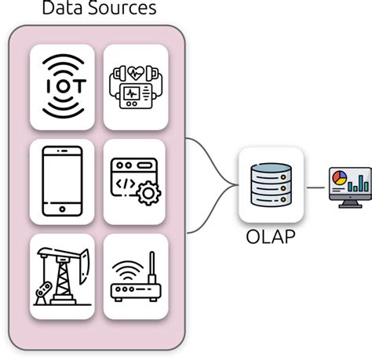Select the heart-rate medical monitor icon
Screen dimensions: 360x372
[136, 87]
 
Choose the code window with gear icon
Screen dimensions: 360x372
[136, 181]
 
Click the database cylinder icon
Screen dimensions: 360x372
[270, 185]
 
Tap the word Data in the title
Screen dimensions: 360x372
[60, 9]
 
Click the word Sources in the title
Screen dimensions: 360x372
[122, 9]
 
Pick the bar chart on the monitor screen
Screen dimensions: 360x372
[357, 183]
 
